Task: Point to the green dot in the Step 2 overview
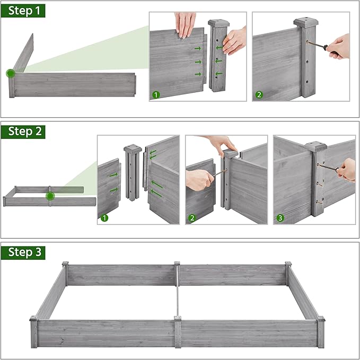(50, 196)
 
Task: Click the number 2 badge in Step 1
(259, 95)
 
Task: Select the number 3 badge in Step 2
(280, 218)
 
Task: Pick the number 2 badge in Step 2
(192, 218)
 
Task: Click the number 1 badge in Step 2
(104, 218)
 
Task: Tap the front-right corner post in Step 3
(320, 331)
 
